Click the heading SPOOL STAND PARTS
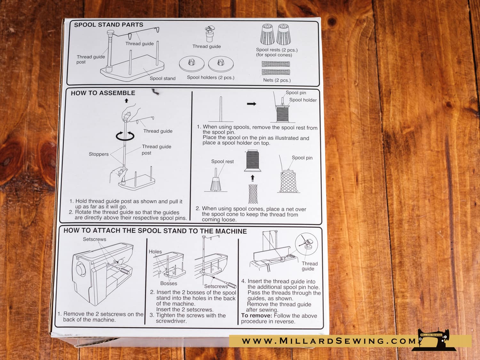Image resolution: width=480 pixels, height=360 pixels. (108, 25)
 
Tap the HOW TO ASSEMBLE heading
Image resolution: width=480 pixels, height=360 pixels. (103, 93)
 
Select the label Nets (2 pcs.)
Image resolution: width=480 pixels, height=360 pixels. (277, 80)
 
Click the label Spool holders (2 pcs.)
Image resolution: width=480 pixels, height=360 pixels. (211, 77)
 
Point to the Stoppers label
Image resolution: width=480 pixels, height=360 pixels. (99, 154)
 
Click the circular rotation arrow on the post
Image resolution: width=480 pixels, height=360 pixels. (125, 136)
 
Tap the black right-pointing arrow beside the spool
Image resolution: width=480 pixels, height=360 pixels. (252, 104)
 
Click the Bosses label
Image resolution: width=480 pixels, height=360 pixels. (169, 283)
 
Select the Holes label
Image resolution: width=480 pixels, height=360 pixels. (155, 252)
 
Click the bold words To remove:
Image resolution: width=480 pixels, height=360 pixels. (257, 316)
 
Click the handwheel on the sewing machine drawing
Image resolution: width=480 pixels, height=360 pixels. (80, 269)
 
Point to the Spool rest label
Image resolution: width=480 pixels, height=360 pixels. (222, 162)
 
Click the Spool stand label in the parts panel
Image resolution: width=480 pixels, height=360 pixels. (163, 78)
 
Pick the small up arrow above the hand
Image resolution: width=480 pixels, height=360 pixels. (126, 100)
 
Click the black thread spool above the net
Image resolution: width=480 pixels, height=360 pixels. (252, 161)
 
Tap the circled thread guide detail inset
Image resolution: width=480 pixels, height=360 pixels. (306, 244)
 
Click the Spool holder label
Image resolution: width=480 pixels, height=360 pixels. (303, 100)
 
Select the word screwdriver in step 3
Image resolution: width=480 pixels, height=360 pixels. (171, 321)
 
